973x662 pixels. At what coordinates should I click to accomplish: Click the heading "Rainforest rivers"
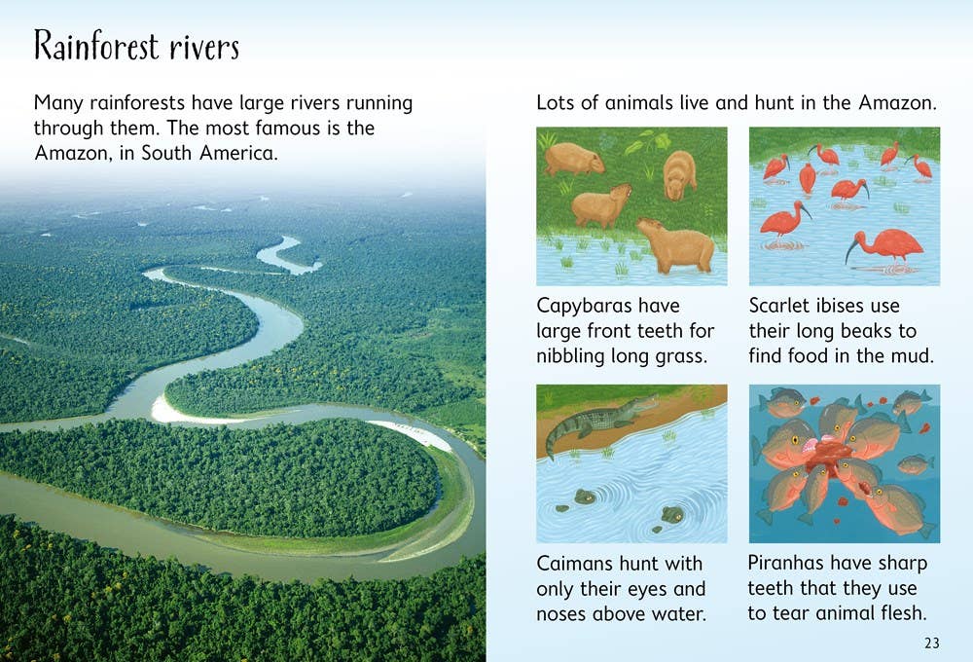[136, 46]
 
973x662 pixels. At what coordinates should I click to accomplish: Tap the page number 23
[931, 643]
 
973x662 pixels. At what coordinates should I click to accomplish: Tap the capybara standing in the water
[675, 245]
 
